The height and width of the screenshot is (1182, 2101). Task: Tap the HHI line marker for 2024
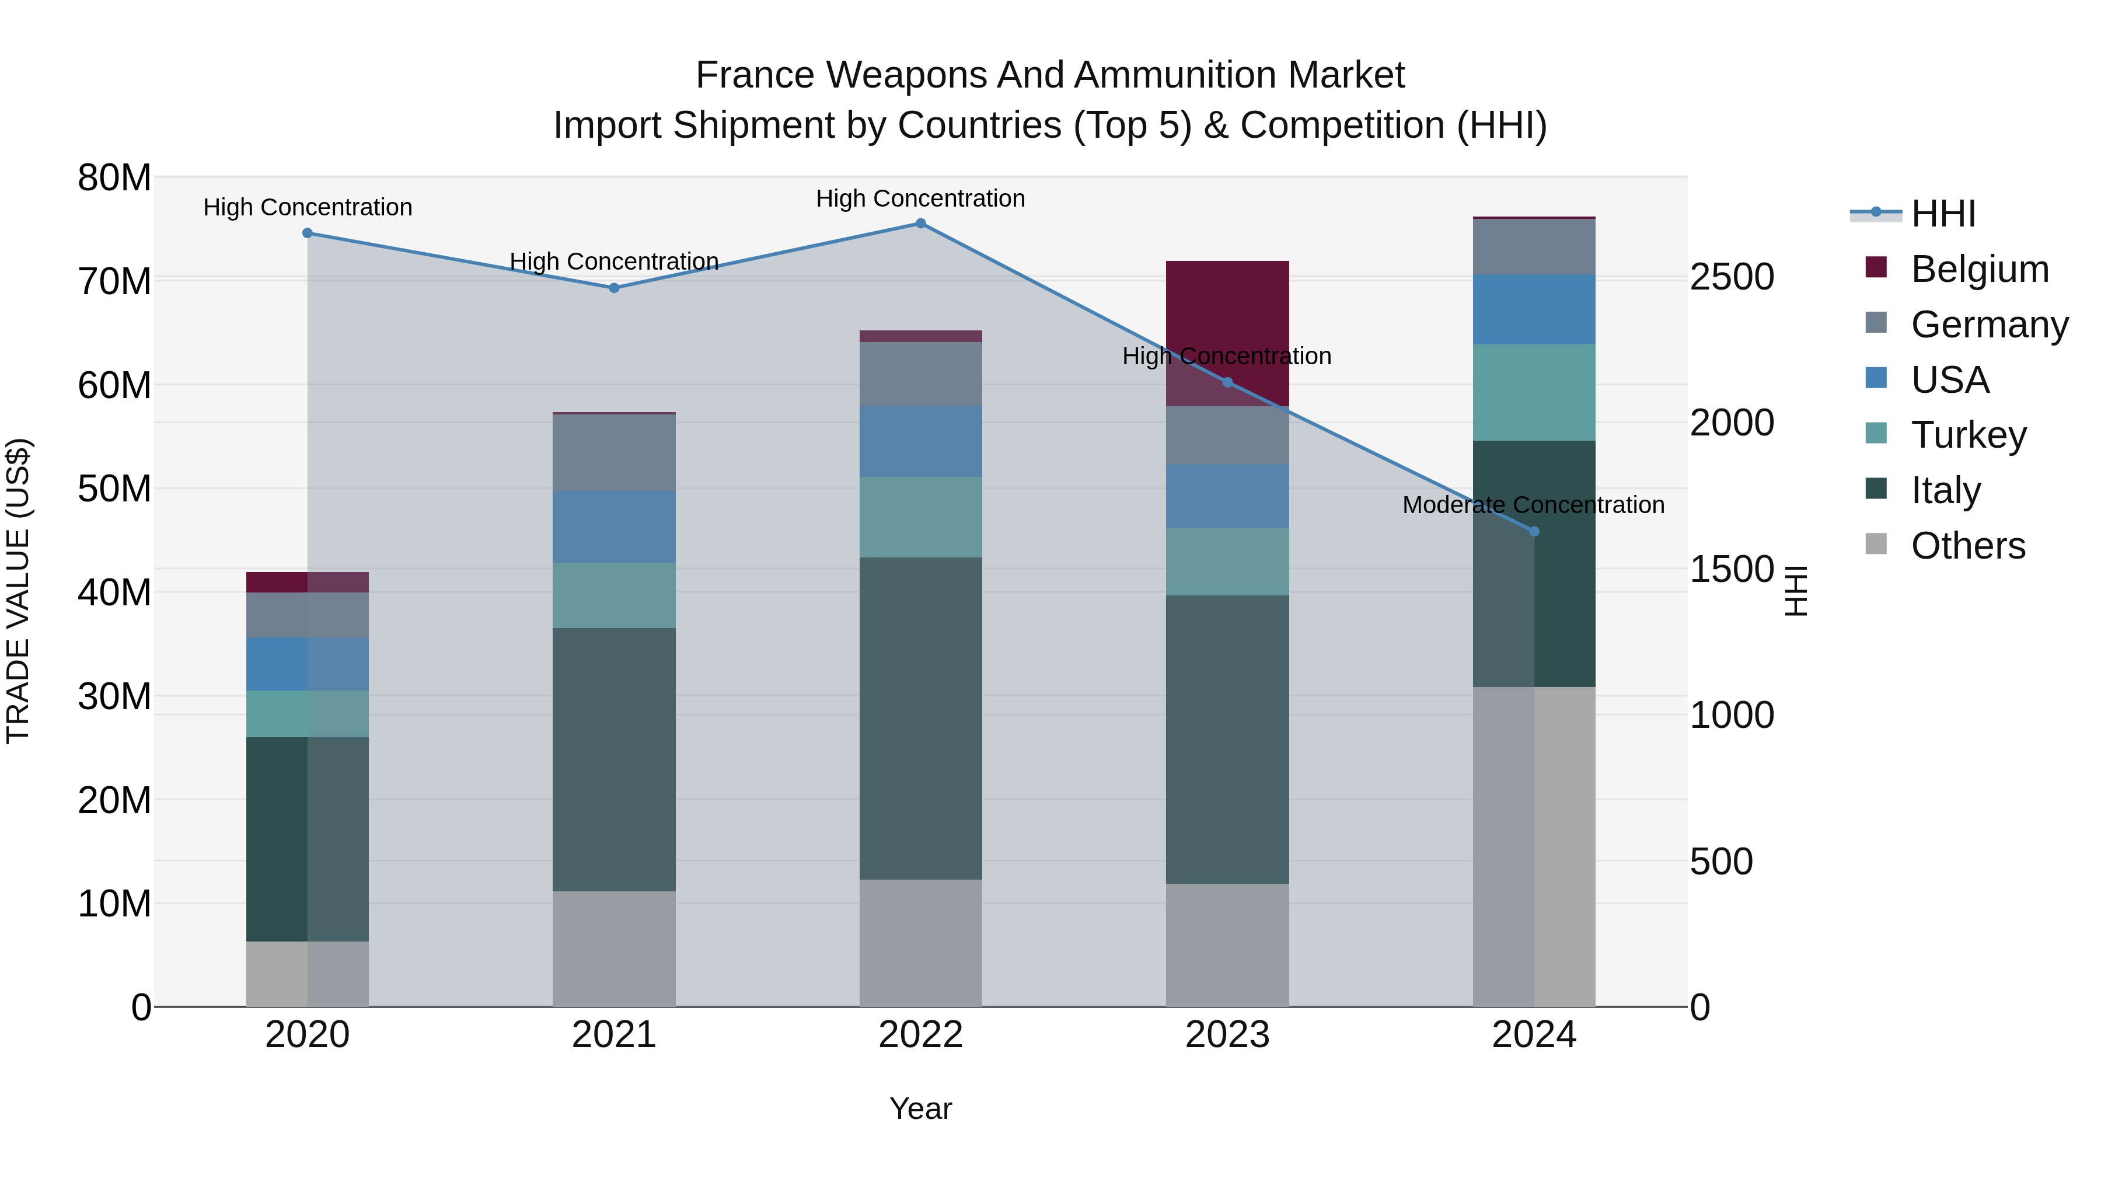coord(1534,531)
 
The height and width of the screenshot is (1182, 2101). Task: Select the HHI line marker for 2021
coord(614,288)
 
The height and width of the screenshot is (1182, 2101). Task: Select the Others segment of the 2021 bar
coord(614,948)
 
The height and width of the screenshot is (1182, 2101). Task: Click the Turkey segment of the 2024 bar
coord(1534,392)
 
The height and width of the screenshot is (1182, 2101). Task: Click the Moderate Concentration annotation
coord(1533,505)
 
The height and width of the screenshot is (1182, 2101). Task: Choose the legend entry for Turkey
coord(1968,435)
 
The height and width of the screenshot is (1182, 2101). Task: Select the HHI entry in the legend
coord(1943,214)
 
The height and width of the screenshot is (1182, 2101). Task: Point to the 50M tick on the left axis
coord(114,489)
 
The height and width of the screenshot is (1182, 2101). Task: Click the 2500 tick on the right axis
coord(1731,277)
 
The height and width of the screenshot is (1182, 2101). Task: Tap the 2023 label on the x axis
coord(1227,1035)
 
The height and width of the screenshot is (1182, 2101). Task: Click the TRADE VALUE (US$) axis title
coord(18,591)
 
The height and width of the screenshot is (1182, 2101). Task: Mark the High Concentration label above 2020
coord(308,207)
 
